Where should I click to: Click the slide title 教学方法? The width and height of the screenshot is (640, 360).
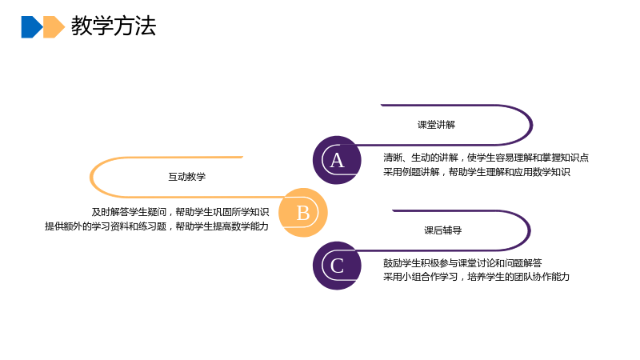coord(114,26)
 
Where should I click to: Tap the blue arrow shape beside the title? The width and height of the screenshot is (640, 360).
coord(32,27)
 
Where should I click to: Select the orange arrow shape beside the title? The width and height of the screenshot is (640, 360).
coord(54,27)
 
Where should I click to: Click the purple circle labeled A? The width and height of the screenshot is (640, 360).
coord(337,160)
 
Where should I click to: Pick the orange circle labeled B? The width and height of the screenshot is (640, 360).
coord(303,213)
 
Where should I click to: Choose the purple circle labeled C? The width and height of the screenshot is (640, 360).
coord(337,266)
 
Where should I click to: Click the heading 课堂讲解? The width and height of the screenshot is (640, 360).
coord(436,125)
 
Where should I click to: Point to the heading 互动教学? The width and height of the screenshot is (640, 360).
coord(187,177)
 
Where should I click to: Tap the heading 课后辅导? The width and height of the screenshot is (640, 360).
coord(443,230)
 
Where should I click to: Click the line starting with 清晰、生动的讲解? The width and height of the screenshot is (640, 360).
coord(486,158)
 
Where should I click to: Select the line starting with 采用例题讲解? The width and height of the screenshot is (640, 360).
coord(476,172)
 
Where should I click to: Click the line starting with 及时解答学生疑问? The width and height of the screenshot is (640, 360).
coord(180,212)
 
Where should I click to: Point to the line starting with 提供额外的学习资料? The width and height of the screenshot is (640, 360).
coord(157,226)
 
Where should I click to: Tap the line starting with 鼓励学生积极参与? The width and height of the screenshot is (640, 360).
coord(462,263)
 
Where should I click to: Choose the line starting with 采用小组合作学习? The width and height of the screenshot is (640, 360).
coord(476,277)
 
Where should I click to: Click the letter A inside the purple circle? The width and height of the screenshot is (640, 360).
coord(337,161)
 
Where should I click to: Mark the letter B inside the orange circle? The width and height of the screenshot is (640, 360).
coord(303,213)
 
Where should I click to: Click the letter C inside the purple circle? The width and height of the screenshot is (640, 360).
coord(337,266)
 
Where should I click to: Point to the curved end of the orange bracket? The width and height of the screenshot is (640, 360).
coord(90,177)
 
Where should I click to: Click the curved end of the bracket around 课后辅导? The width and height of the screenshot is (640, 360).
coord(530,230)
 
